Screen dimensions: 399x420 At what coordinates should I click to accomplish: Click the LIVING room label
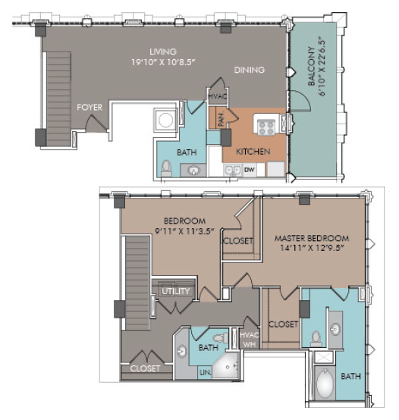pos(163,52)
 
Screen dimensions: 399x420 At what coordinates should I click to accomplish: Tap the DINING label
pos(250,70)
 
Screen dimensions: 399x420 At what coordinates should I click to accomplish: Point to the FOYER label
pos(90,108)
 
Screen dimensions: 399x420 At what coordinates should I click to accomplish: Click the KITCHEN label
pos(253,152)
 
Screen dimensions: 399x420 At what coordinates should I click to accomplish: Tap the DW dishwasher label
pos(250,170)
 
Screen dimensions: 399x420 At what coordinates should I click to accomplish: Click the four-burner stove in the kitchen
pos(266,128)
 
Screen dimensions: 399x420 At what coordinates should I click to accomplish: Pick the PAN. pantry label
pos(221,120)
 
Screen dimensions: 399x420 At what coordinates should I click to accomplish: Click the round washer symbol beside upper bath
pos(165,120)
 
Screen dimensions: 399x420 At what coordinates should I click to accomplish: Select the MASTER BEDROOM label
pos(312,238)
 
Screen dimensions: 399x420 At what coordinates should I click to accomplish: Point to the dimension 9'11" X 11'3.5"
pos(185,231)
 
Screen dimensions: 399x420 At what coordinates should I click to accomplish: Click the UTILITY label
pos(175,291)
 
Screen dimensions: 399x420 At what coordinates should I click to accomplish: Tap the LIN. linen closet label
pos(206,372)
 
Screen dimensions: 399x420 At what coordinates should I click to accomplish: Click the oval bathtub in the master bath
pos(325,384)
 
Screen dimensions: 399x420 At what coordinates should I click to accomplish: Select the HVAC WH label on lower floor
pos(250,340)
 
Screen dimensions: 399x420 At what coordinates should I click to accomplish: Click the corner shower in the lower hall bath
pos(225,365)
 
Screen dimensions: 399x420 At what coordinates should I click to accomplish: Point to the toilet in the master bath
pos(316,339)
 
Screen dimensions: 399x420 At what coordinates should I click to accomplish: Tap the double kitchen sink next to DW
pos(233,171)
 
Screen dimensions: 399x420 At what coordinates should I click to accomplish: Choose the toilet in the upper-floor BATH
pos(166,168)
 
